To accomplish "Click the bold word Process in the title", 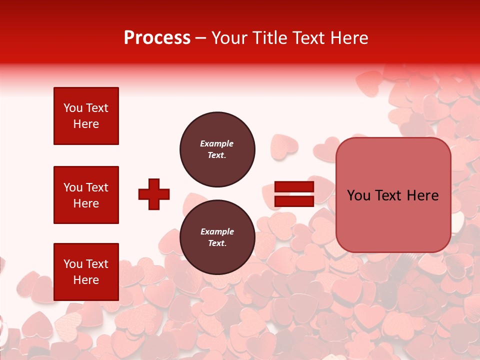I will pyautogui.click(x=157, y=38).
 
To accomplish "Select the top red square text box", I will pyautogui.click(x=86, y=116).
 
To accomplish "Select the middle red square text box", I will pyautogui.click(x=86, y=195).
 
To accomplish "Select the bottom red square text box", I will pyautogui.click(x=86, y=272).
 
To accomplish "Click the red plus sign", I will pyautogui.click(x=154, y=194).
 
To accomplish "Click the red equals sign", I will pyautogui.click(x=294, y=194).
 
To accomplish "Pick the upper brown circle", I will pyautogui.click(x=217, y=149).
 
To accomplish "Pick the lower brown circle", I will pyautogui.click(x=217, y=237).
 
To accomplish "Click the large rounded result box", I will pyautogui.click(x=393, y=195).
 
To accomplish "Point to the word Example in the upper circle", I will pyautogui.click(x=216, y=143).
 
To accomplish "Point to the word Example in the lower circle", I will pyautogui.click(x=217, y=231).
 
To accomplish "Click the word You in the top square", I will pyautogui.click(x=73, y=108).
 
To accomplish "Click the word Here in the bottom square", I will pyautogui.click(x=86, y=280).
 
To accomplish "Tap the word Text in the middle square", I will pyautogui.click(x=97, y=187).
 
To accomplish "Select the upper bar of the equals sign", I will pyautogui.click(x=294, y=187).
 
